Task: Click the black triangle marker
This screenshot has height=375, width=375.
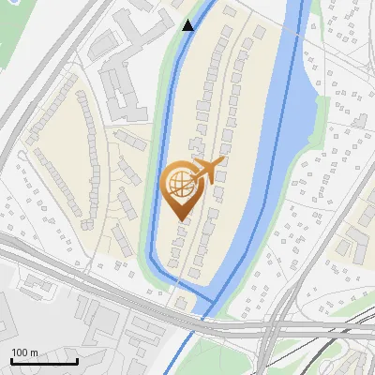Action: pyautogui.click(x=188, y=24)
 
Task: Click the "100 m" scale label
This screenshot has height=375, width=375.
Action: pyautogui.click(x=24, y=352)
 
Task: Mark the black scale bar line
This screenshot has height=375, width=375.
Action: pyautogui.click(x=44, y=362)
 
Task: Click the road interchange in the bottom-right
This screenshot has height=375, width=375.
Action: pyautogui.click(x=277, y=328)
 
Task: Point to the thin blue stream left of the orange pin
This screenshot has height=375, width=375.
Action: pyautogui.click(x=154, y=187)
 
